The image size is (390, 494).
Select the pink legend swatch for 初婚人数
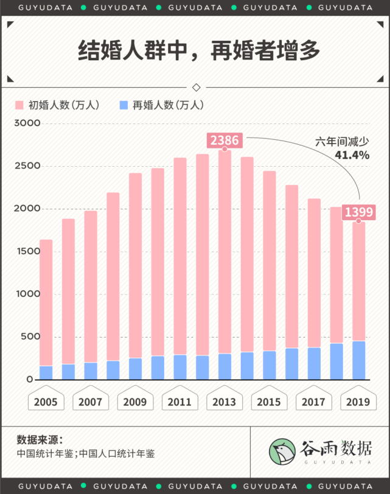[x=20, y=105]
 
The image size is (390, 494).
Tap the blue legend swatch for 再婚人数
[x=124, y=105]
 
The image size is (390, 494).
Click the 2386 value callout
[x=225, y=141]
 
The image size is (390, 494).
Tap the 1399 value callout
[x=359, y=212]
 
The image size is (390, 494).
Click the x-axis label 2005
[x=46, y=402]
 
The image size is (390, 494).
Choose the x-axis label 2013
[x=225, y=402]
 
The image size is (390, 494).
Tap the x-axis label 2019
[x=359, y=402]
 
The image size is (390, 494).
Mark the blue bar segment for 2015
[x=270, y=365]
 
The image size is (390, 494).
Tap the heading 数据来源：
[x=40, y=440]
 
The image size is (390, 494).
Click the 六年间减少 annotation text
[x=342, y=142]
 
